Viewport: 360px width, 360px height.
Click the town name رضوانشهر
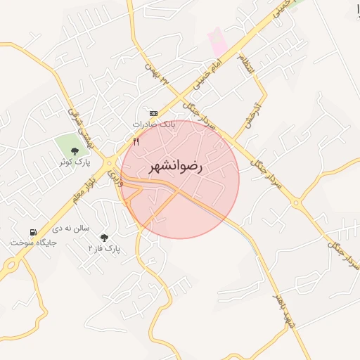pyautogui.click(x=175, y=167)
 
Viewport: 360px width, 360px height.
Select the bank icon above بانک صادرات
pyautogui.click(x=153, y=112)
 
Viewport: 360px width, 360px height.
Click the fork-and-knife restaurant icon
pyautogui.click(x=136, y=142)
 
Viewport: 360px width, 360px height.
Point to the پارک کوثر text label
pyautogui.click(x=74, y=162)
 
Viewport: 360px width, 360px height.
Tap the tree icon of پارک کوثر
pyautogui.click(x=75, y=150)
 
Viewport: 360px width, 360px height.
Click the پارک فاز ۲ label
pyautogui.click(x=104, y=248)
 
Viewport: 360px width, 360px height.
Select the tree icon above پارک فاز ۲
pyautogui.click(x=105, y=238)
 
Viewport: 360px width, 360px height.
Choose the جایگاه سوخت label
pyautogui.click(x=32, y=243)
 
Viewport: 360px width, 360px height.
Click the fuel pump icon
pyautogui.click(x=32, y=232)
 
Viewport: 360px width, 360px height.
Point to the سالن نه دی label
pyautogui.click(x=70, y=229)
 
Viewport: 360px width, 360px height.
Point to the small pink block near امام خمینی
pyautogui.click(x=219, y=40)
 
